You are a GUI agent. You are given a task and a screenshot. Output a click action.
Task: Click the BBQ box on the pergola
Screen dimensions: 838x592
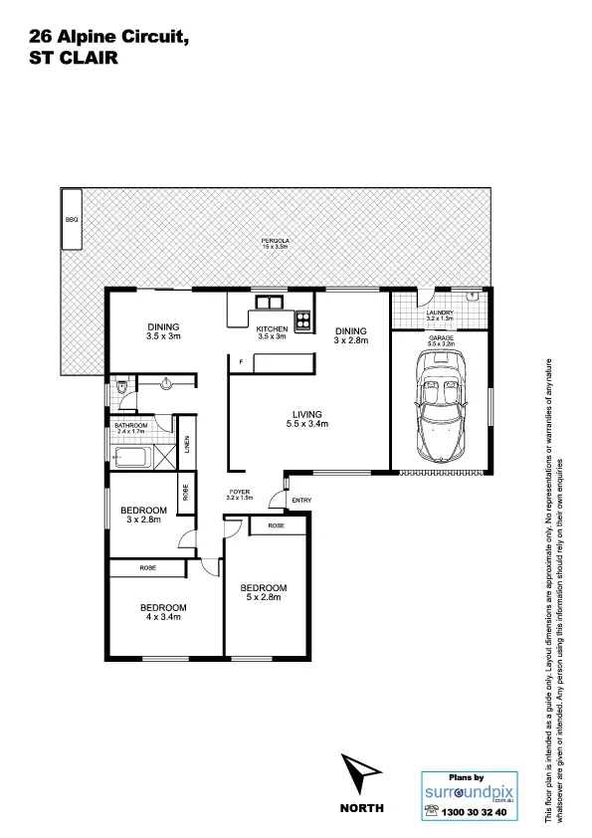pyautogui.click(x=71, y=218)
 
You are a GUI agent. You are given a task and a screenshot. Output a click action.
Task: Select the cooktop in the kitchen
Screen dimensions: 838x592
pyautogui.click(x=301, y=319)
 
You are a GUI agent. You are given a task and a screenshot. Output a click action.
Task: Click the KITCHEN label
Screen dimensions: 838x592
pyautogui.click(x=272, y=328)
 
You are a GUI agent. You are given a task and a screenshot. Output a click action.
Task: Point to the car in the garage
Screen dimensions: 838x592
pyautogui.click(x=439, y=408)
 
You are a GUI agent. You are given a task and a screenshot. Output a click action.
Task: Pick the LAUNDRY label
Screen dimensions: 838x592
pyautogui.click(x=440, y=313)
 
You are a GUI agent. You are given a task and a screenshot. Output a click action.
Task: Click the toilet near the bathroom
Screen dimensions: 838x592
pyautogui.click(x=119, y=387)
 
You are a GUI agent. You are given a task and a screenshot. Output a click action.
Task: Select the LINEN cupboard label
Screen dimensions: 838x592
pyautogui.click(x=186, y=443)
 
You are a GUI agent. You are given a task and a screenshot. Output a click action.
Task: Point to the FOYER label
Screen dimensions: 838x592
pyautogui.click(x=239, y=492)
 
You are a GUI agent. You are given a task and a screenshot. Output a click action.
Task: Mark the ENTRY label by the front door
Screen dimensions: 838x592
pyautogui.click(x=301, y=500)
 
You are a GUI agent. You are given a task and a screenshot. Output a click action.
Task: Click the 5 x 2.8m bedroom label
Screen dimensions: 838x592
pyautogui.click(x=266, y=592)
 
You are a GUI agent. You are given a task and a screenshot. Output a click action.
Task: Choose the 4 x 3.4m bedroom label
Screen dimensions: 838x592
pyautogui.click(x=163, y=611)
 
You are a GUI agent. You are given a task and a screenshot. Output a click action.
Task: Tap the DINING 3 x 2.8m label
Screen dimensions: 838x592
pyautogui.click(x=350, y=335)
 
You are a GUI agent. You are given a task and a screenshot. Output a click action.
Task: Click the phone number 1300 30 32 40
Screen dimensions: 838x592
pyautogui.click(x=473, y=812)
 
